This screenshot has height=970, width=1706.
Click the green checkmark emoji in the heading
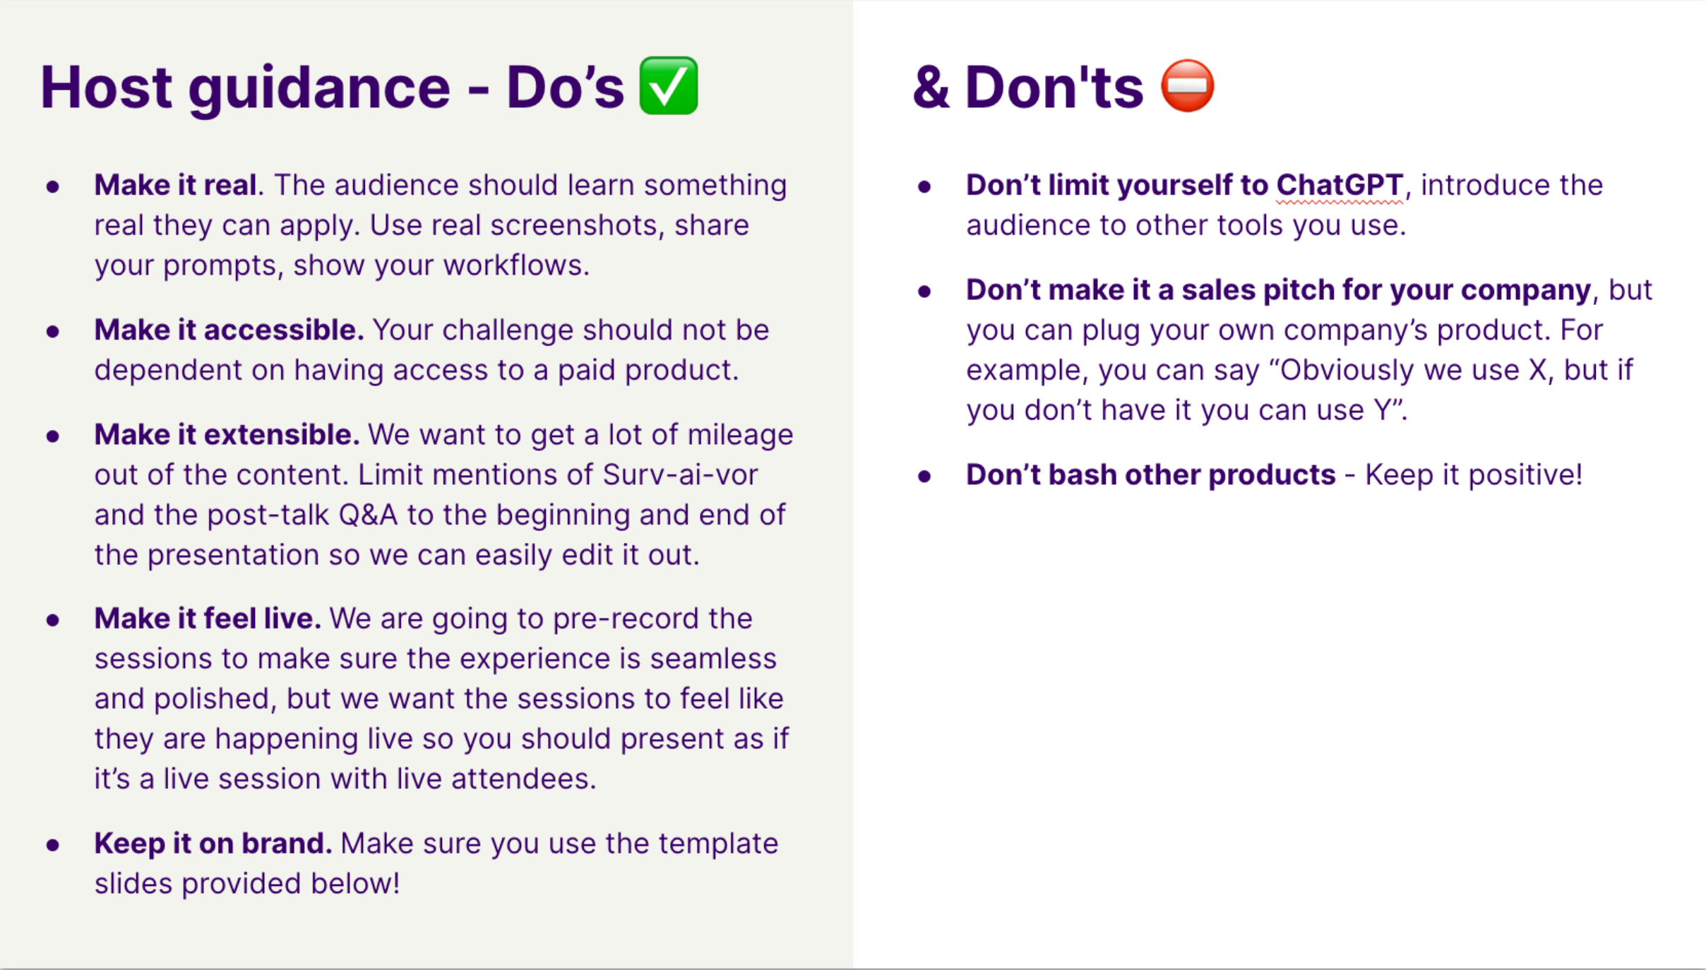(x=668, y=85)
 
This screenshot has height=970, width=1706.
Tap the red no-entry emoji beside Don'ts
(x=1188, y=85)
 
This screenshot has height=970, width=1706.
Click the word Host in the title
(x=106, y=87)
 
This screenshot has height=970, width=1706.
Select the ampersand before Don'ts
(x=931, y=87)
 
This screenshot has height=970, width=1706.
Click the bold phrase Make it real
(x=175, y=185)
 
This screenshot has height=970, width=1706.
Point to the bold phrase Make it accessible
(x=229, y=330)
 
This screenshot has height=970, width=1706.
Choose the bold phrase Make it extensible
(x=227, y=434)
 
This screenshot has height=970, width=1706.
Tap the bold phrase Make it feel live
(x=208, y=618)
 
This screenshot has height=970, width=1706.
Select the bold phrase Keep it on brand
(x=213, y=843)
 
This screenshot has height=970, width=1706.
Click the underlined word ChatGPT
(x=1340, y=185)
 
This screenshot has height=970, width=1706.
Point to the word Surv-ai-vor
(x=680, y=474)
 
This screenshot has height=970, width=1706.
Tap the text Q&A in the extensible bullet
(x=368, y=515)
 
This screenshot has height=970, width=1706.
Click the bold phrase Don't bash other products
(x=1151, y=474)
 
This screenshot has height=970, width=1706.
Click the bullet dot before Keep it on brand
(x=53, y=844)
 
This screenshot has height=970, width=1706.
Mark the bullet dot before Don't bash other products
(x=924, y=476)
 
